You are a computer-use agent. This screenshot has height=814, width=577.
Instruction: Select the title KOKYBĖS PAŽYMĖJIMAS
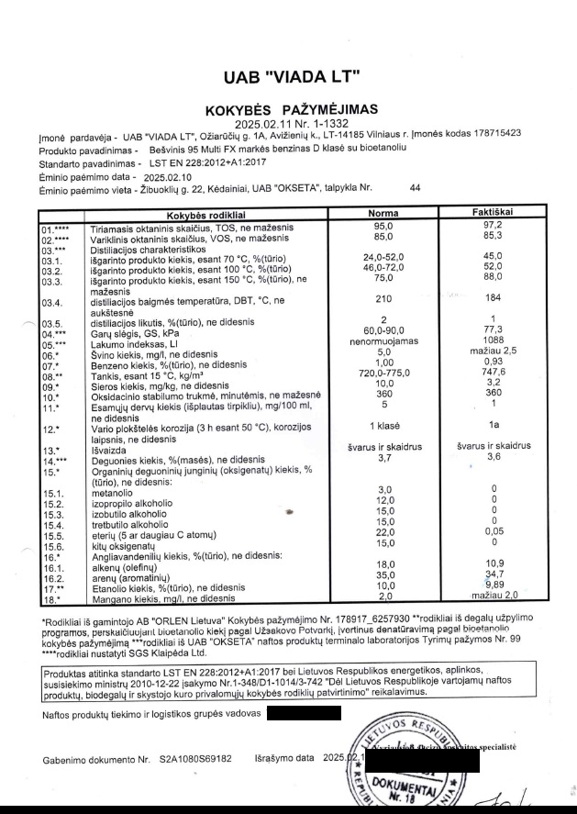coord(292,110)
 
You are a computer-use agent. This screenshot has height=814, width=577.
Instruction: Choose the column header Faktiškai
coord(493,213)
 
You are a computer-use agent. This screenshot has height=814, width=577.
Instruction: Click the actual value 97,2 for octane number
coord(493,225)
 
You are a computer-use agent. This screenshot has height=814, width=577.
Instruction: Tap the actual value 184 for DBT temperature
coord(493,298)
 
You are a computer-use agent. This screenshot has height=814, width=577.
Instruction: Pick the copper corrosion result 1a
coord(493,425)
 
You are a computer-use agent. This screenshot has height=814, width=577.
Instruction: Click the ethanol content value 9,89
coord(493,586)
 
